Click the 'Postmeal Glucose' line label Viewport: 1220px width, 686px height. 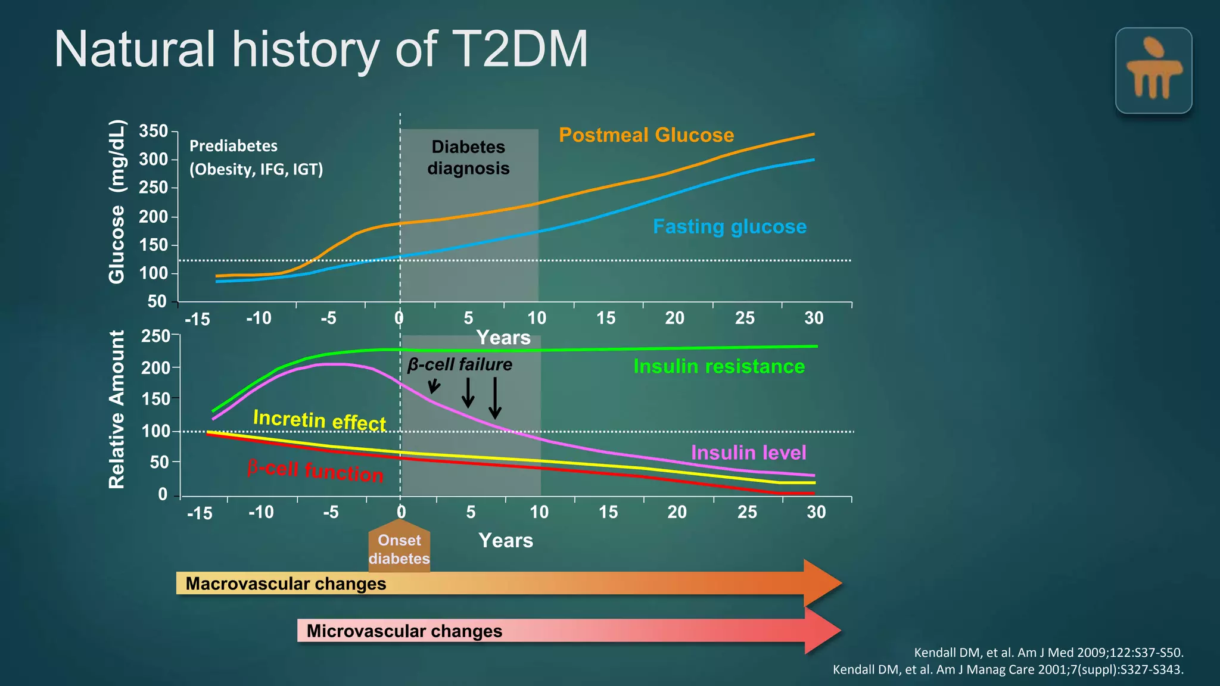(646, 135)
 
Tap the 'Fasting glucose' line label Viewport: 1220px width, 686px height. (729, 227)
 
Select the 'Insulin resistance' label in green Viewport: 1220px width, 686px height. (718, 366)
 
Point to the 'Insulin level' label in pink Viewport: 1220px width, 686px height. (748, 453)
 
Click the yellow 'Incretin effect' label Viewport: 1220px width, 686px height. (319, 420)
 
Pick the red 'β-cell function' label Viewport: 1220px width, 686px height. (315, 470)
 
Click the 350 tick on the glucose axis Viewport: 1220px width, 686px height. (154, 131)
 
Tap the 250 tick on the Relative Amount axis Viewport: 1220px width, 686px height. (155, 336)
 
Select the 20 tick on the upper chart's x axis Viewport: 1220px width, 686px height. (674, 318)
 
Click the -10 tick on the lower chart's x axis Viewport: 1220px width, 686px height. (261, 512)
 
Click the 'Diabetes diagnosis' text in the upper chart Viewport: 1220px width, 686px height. (468, 158)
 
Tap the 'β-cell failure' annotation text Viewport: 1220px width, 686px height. (459, 364)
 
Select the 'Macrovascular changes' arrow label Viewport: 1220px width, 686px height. (286, 584)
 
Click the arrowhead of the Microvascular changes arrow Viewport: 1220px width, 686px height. (822, 631)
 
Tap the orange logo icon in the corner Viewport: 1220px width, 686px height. (1153, 70)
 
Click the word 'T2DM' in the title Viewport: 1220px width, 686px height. (519, 49)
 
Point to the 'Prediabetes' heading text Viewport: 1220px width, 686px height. (234, 146)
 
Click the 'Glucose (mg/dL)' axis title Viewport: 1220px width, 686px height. (117, 201)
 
